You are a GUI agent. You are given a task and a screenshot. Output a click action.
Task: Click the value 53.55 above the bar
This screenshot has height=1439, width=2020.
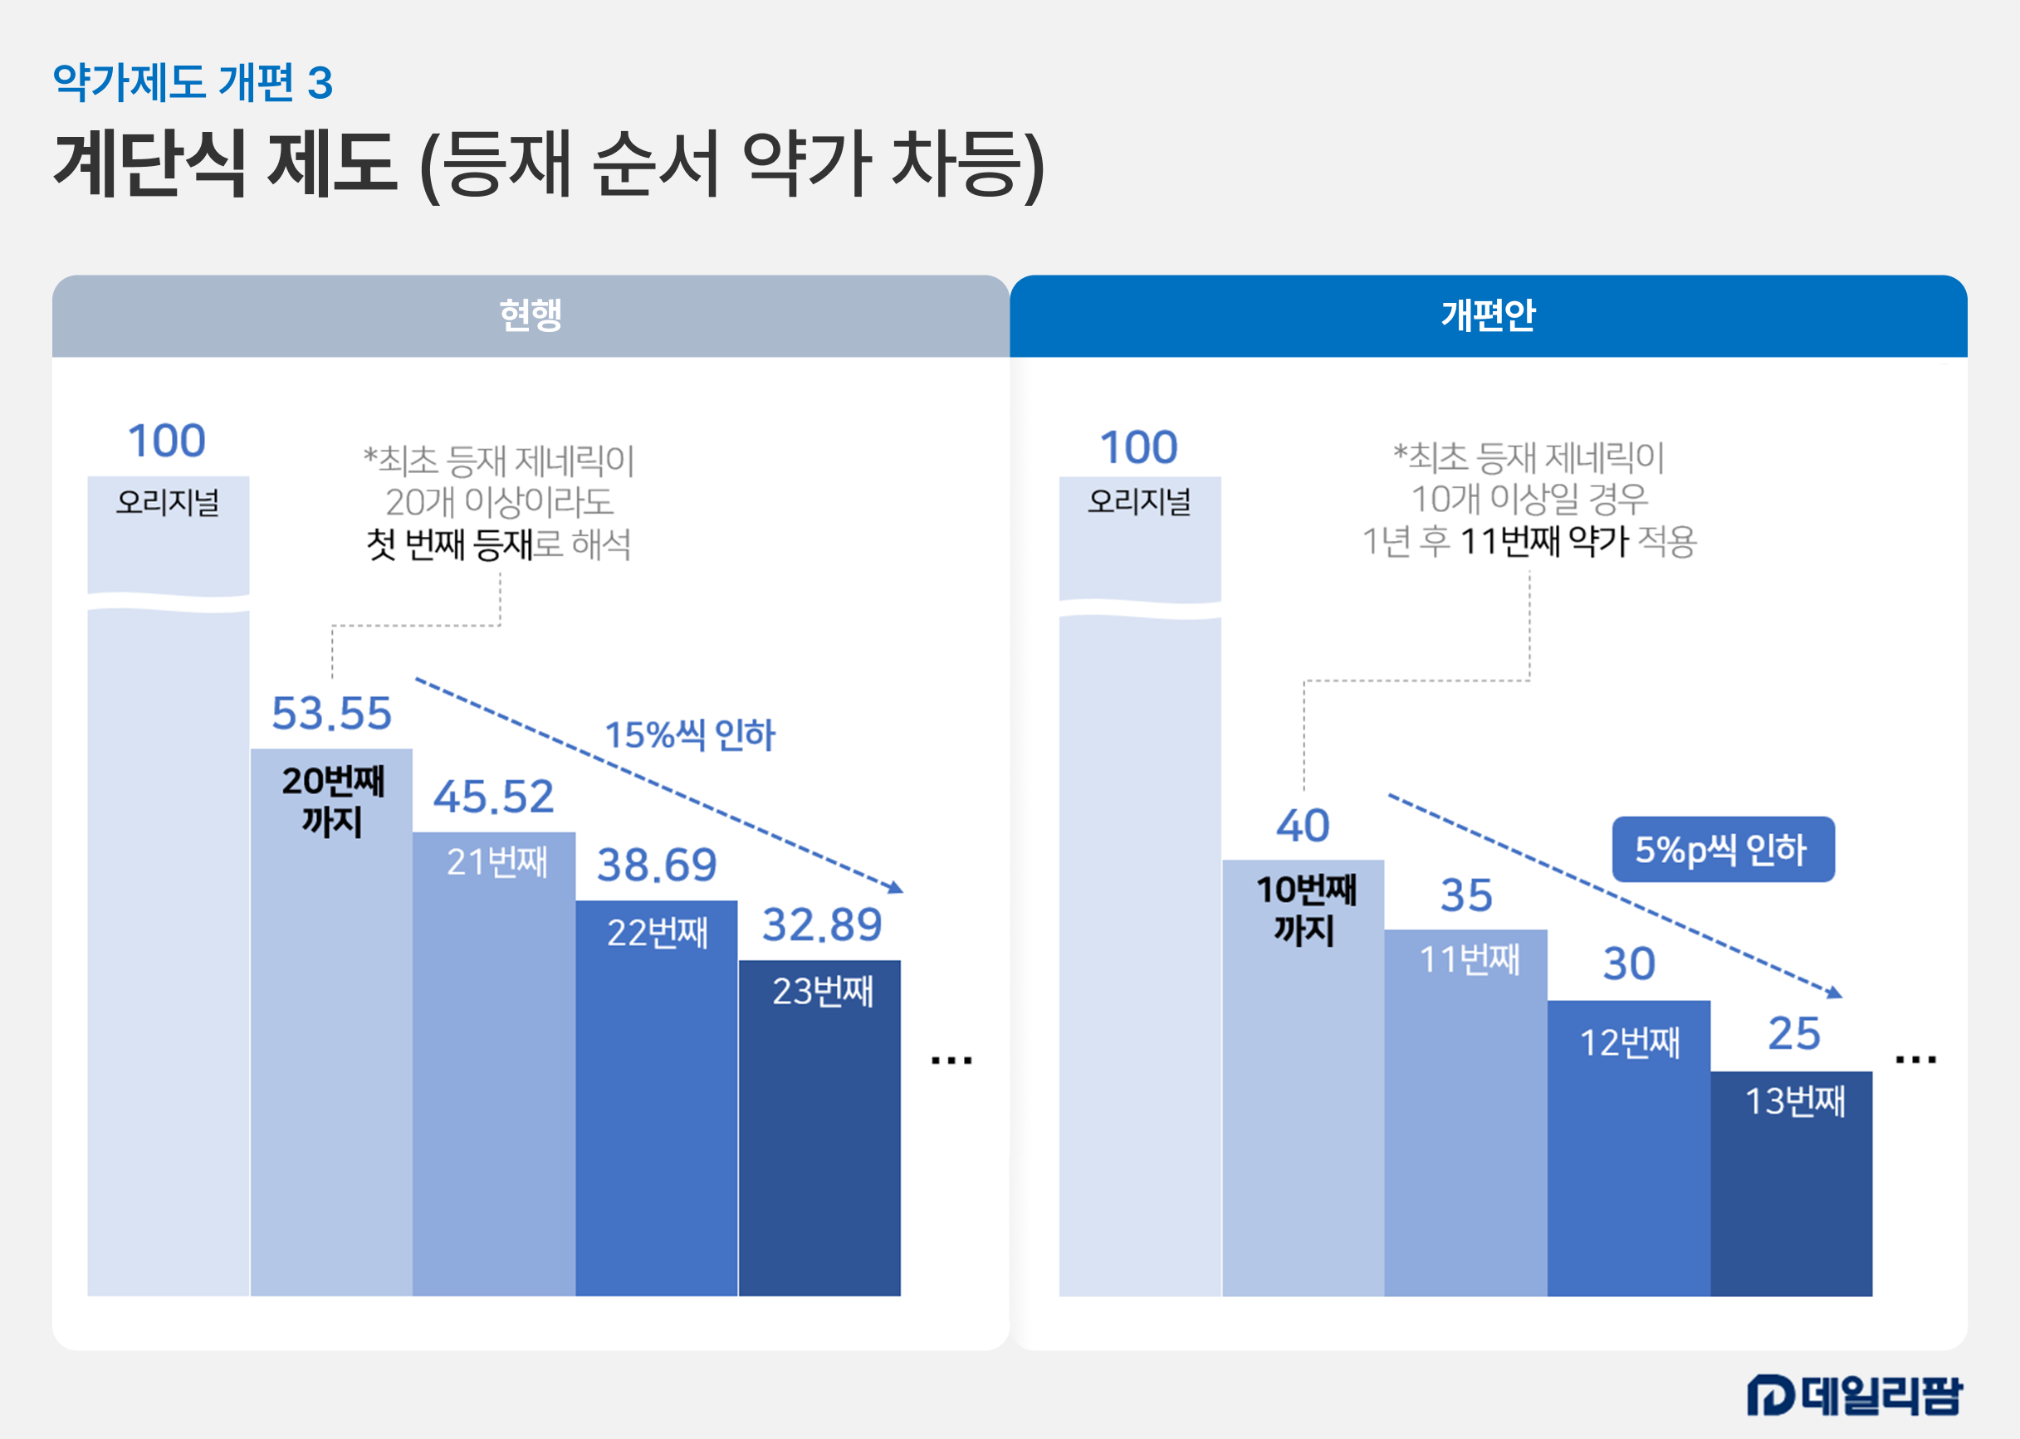[x=331, y=714]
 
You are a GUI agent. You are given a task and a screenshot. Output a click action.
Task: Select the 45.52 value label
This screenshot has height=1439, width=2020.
[x=494, y=797]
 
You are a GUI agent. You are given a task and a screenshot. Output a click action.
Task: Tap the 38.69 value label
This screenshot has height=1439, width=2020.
[x=657, y=865]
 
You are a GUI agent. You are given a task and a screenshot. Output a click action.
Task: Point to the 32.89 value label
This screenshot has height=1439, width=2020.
[x=822, y=925]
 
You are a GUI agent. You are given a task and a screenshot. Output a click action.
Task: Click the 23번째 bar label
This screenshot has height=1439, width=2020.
[x=822, y=991]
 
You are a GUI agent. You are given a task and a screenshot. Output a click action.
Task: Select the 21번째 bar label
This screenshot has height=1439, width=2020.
[x=496, y=861]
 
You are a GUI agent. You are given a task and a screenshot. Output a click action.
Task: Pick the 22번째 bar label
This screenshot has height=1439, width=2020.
[x=657, y=932]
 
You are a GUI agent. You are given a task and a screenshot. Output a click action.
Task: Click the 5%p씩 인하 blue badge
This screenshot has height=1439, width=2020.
[x=1721, y=849]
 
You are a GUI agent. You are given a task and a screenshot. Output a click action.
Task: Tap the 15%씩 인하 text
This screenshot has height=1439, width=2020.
[x=690, y=734]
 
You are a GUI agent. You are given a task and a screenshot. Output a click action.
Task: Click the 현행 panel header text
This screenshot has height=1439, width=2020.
[x=530, y=315]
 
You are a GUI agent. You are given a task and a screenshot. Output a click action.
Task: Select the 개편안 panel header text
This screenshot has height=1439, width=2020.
[x=1487, y=315]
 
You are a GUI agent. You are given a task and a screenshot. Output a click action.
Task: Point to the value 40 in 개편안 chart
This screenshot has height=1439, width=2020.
[x=1302, y=826]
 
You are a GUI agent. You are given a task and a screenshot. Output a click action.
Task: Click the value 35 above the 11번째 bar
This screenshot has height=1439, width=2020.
[x=1466, y=895]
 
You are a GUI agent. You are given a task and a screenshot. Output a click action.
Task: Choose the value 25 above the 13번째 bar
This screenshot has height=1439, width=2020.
[x=1794, y=1033]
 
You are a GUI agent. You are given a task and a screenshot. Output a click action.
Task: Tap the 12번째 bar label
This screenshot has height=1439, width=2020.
[x=1629, y=1042]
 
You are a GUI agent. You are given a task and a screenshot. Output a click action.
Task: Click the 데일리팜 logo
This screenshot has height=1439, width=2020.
[x=1854, y=1395]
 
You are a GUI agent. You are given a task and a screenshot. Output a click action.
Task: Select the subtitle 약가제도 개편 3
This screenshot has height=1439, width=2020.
[x=193, y=82]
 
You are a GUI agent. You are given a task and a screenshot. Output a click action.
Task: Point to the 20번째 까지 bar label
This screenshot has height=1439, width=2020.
[x=332, y=801]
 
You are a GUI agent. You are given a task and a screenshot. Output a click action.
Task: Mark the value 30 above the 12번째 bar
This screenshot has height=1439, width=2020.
[x=1629, y=964]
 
